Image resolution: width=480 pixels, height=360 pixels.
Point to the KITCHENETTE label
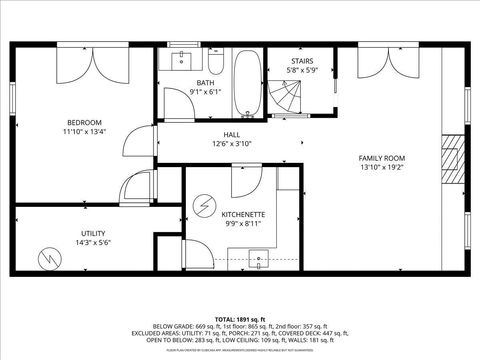coord(243,214)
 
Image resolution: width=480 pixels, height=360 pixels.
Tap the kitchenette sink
coord(258,259)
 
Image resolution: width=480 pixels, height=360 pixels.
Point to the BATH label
coord(205,83)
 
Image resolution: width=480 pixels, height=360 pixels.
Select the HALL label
coord(231,134)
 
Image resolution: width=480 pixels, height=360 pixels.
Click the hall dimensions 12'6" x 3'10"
coord(231,144)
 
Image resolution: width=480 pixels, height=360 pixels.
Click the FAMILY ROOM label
coord(382,158)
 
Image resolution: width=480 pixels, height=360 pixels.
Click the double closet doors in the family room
coord(382,62)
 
